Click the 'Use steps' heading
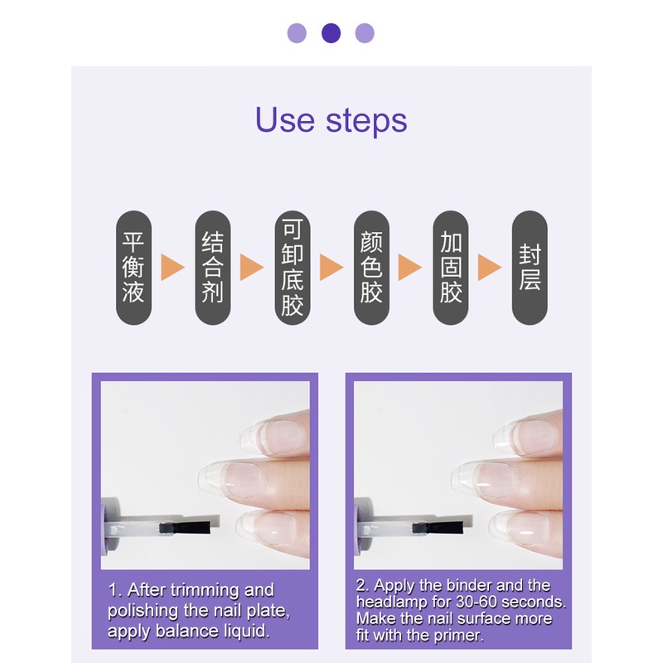pos(331,120)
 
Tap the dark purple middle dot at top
pos(331,33)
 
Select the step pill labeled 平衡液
pos(133,267)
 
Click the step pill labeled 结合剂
pos(213,267)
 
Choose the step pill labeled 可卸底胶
pos(292,267)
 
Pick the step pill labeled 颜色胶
pos(371,267)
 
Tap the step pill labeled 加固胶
pos(451,267)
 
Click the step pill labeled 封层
pos(530,267)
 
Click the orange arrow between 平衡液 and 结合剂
pos(172,267)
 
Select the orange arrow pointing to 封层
pos(490,267)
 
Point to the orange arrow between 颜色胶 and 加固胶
pos(410,267)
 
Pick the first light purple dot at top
pos(297,33)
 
